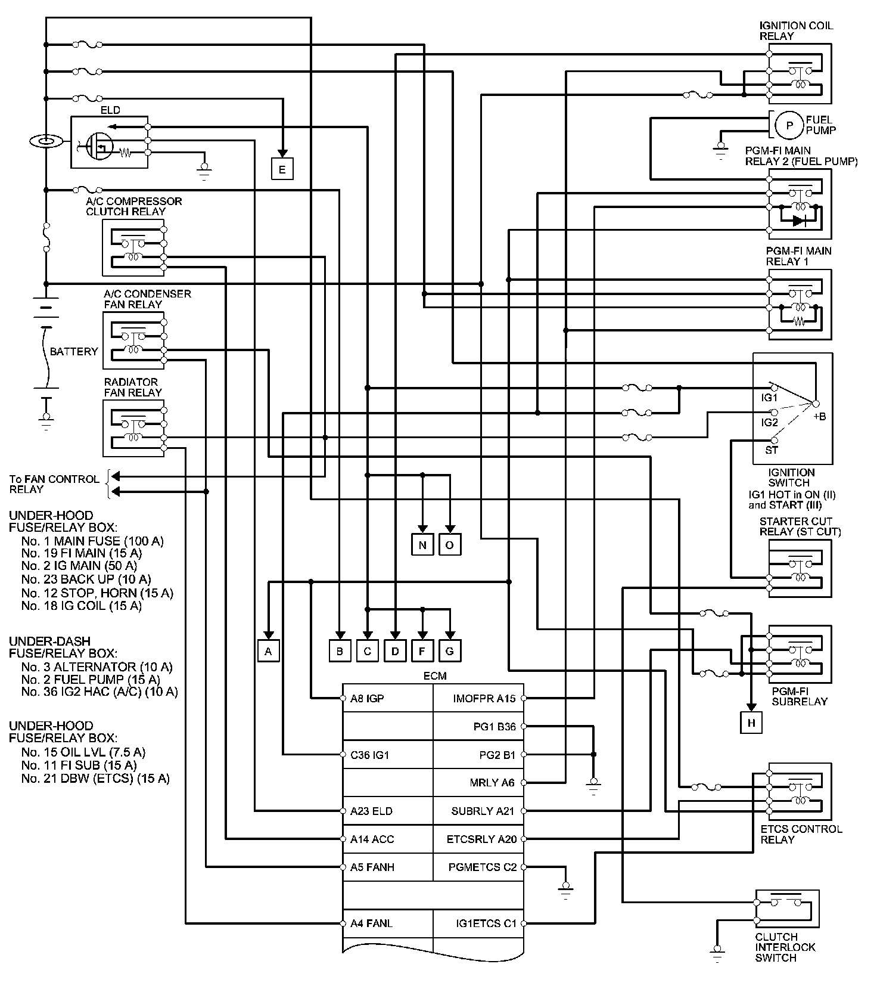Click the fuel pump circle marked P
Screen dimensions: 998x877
pyautogui.click(x=789, y=126)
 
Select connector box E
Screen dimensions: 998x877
pyautogui.click(x=282, y=169)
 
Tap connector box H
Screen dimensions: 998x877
pyautogui.click(x=751, y=723)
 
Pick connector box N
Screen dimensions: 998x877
pyautogui.click(x=422, y=545)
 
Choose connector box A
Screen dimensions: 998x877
pyautogui.click(x=268, y=651)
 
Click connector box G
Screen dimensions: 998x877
pyautogui.click(x=450, y=651)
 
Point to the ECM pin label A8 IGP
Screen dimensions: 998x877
pyautogui.click(x=367, y=698)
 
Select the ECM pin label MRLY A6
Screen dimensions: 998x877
pyautogui.click(x=492, y=783)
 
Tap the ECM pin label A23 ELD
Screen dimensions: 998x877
pyautogui.click(x=371, y=811)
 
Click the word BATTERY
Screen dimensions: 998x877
pyautogui.click(x=73, y=352)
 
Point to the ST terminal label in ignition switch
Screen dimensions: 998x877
pyautogui.click(x=771, y=450)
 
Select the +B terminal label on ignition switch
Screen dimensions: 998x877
pyautogui.click(x=820, y=417)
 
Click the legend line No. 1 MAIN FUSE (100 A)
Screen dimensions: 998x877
pyautogui.click(x=92, y=541)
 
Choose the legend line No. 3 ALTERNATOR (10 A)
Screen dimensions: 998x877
pyautogui.click(x=97, y=667)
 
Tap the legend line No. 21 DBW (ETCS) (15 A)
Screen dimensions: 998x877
pyautogui.click(x=95, y=779)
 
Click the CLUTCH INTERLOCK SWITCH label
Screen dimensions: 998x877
pyautogui.click(x=785, y=947)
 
